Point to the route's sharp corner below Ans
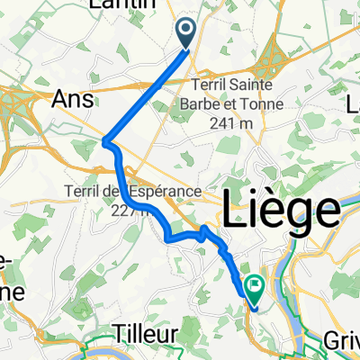[106, 140]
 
